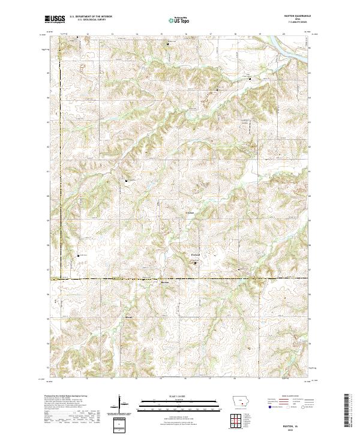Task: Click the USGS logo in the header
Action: point(55,20)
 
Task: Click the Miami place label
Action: point(128,316)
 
